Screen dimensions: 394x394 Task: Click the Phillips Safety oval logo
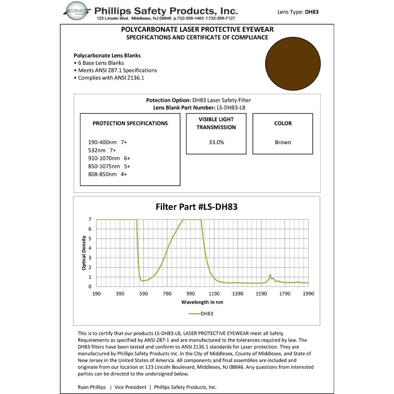pyautogui.click(x=78, y=11)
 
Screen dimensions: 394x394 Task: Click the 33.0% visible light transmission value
pyautogui.click(x=216, y=142)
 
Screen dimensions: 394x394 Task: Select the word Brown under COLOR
pyautogui.click(x=283, y=142)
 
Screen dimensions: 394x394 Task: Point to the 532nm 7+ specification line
pyautogui.click(x=102, y=150)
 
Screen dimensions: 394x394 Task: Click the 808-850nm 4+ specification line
pyautogui.click(x=108, y=174)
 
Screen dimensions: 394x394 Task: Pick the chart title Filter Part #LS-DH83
pyautogui.click(x=197, y=206)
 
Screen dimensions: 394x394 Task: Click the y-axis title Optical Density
pyautogui.click(x=84, y=253)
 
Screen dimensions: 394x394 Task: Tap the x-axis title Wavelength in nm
pyautogui.click(x=202, y=302)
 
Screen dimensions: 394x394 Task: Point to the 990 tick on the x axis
pyautogui.click(x=191, y=294)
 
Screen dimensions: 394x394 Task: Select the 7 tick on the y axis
pyautogui.click(x=90, y=219)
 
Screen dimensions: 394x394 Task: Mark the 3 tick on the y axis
pyautogui.click(x=90, y=258)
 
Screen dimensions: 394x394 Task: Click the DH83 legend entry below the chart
pyautogui.click(x=201, y=314)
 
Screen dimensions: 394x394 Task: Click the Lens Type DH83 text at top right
pyautogui.click(x=298, y=12)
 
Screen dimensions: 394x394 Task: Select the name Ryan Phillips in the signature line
pyautogui.click(x=91, y=387)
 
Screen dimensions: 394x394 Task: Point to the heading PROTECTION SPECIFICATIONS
pyautogui.click(x=130, y=123)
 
